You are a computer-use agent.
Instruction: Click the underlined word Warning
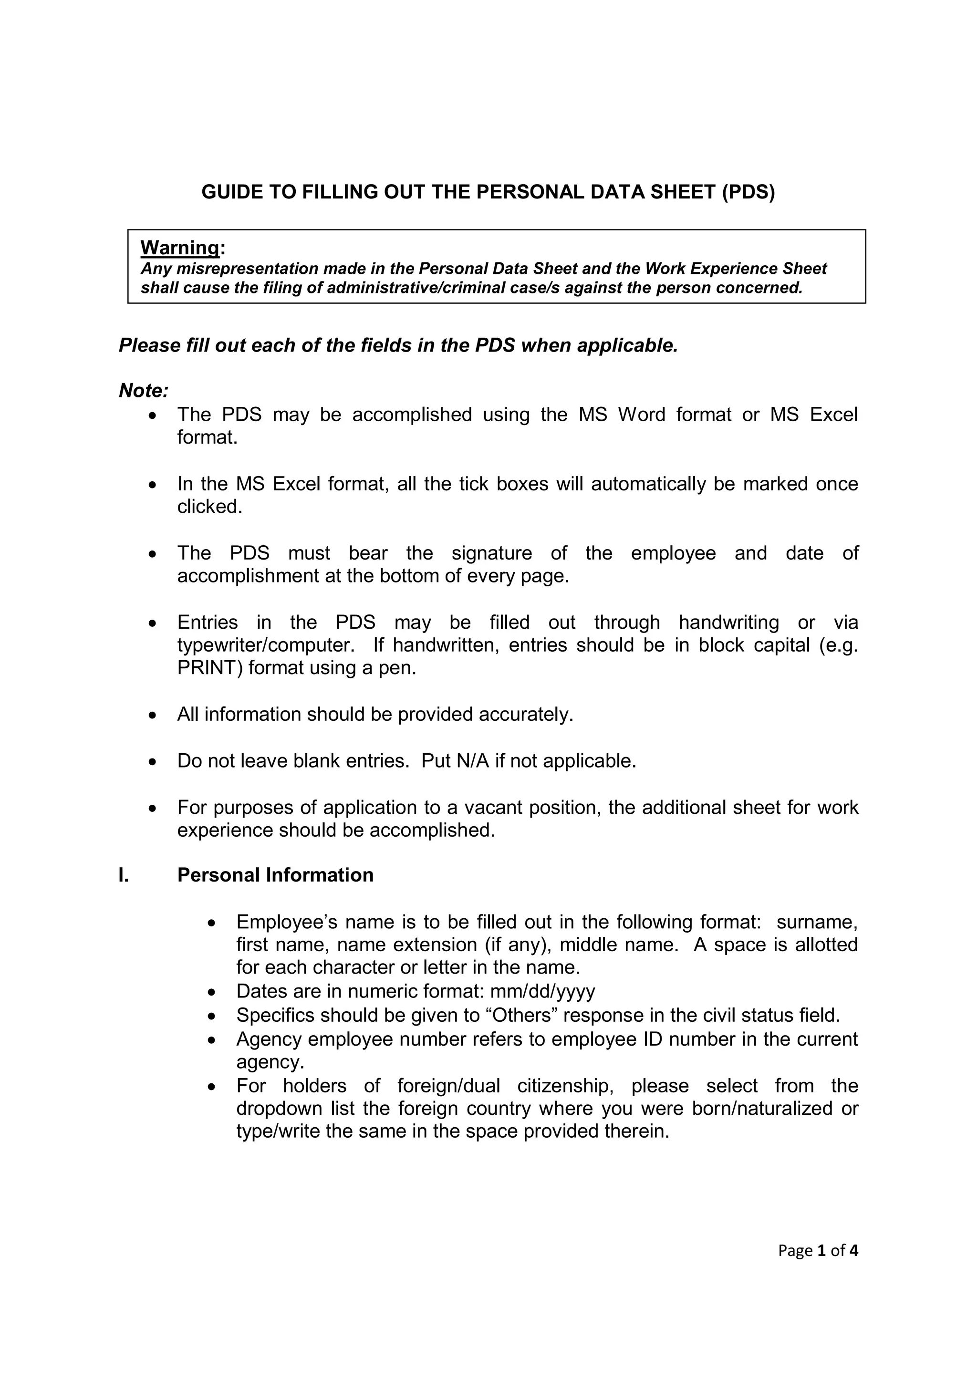point(180,247)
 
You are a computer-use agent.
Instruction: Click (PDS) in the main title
point(748,192)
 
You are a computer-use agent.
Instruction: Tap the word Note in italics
point(142,391)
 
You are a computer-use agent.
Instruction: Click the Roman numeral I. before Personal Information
point(124,874)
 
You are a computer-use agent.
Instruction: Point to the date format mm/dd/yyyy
point(542,991)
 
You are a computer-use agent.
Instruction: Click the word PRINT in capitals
point(206,668)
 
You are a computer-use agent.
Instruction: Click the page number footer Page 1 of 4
point(818,1250)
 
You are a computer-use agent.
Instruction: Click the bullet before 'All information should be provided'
point(154,715)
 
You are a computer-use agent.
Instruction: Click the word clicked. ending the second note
point(209,507)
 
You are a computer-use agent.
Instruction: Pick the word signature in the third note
point(491,553)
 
